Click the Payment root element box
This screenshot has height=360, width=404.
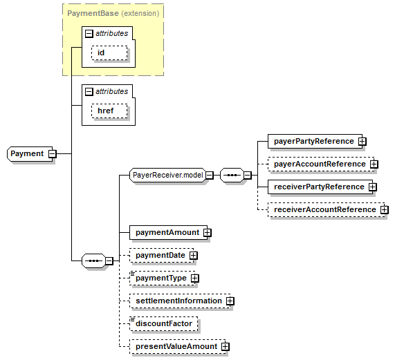tap(30, 154)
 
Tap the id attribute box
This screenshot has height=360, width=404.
tap(109, 53)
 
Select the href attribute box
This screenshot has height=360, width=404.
tap(109, 111)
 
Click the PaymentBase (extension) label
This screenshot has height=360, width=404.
tap(113, 13)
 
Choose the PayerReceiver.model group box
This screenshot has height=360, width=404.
tap(167, 176)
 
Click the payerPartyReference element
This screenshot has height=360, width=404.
tap(315, 141)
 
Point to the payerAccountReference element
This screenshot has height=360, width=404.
tap(321, 164)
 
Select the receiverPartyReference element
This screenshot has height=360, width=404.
tap(320, 187)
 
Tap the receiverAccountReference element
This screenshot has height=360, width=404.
tap(326, 209)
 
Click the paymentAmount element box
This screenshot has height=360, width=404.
tap(168, 232)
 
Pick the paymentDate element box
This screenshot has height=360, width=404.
tap(161, 255)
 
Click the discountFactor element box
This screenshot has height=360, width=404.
tap(164, 323)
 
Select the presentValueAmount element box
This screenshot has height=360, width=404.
tap(177, 346)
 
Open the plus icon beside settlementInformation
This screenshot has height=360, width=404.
tap(230, 301)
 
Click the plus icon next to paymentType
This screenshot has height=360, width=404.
tap(195, 278)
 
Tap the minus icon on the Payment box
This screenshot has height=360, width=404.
tap(53, 154)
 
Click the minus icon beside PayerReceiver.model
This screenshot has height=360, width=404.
tap(210, 176)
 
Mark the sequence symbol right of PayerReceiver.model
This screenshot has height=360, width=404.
tap(232, 176)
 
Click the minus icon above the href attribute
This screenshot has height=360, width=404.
tap(89, 92)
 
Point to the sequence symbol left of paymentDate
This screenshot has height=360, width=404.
tap(93, 261)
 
